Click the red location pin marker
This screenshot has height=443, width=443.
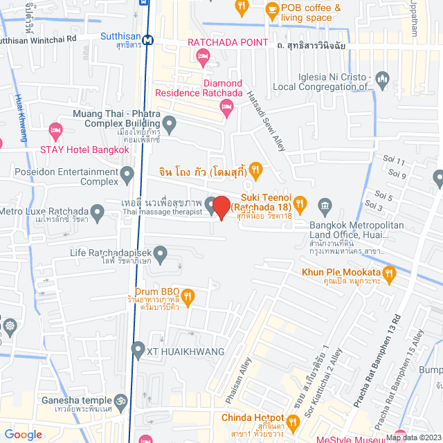pyautogui.click(x=221, y=207)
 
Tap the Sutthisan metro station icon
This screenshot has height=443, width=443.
pyautogui.click(x=147, y=41)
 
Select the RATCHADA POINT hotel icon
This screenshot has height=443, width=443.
pyautogui.click(x=202, y=60)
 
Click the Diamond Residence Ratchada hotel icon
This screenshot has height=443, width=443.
pyautogui.click(x=224, y=107)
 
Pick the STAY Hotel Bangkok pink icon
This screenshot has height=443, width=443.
pyautogui.click(x=56, y=131)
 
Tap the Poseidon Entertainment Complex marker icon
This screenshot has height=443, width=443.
pyautogui.click(x=127, y=175)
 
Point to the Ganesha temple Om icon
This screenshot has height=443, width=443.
pyautogui.click(x=123, y=401)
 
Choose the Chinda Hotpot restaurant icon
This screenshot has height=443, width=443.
pyautogui.click(x=294, y=422)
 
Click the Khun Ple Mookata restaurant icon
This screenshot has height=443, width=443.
pyautogui.click(x=389, y=275)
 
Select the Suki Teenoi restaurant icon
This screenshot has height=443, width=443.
pyautogui.click(x=300, y=204)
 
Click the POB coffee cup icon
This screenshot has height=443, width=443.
pyautogui.click(x=272, y=11)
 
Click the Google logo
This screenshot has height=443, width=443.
pyautogui.click(x=23, y=434)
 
